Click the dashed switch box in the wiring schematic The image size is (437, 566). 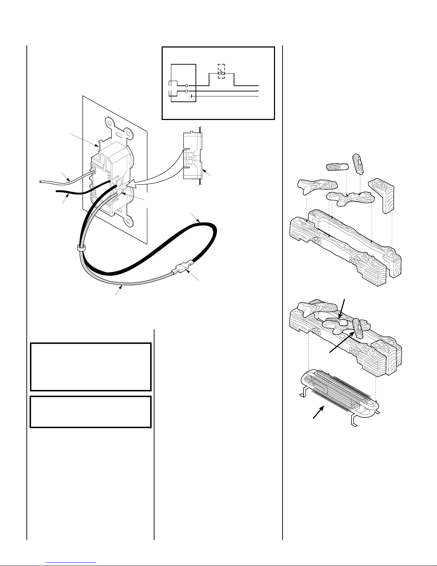221,71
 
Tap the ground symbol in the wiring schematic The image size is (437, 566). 191,96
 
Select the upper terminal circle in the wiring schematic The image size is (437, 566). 187,86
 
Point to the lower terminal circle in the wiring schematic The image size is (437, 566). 187,91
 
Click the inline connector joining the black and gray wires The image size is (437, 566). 182,267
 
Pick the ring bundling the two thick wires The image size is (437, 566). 81,247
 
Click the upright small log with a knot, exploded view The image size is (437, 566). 358,163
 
